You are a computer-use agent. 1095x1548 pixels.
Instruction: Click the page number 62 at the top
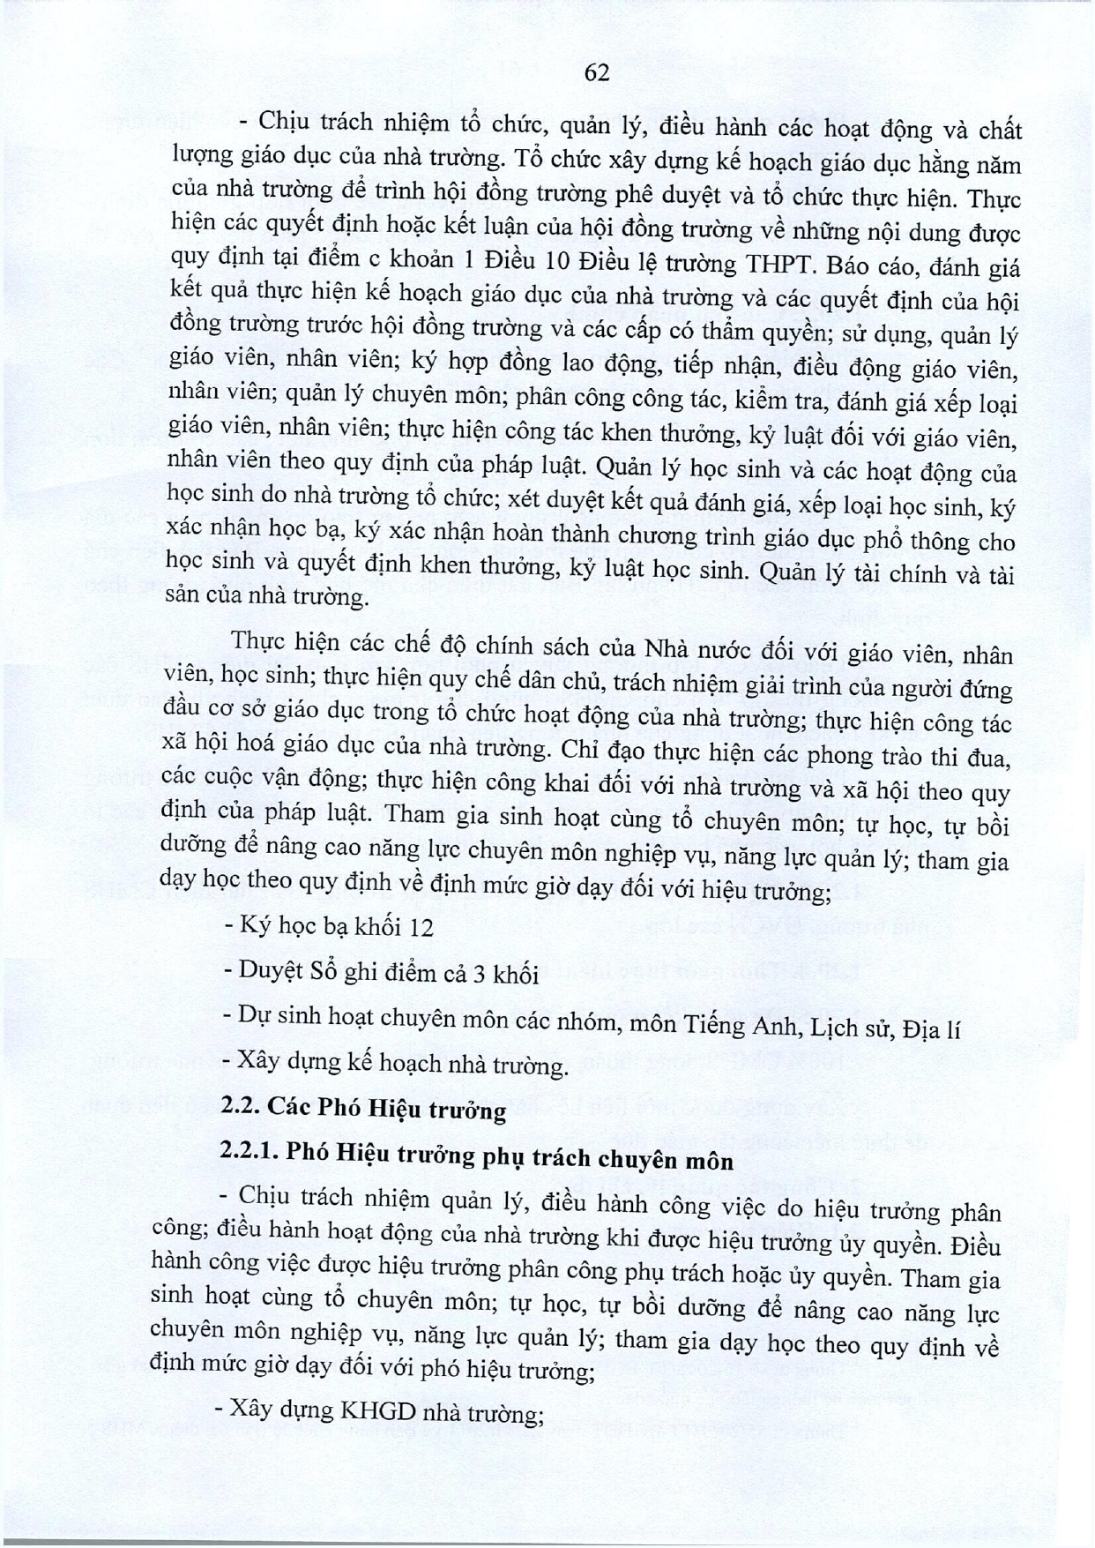click(x=597, y=73)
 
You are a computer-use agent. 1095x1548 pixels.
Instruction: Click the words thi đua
click(x=968, y=758)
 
